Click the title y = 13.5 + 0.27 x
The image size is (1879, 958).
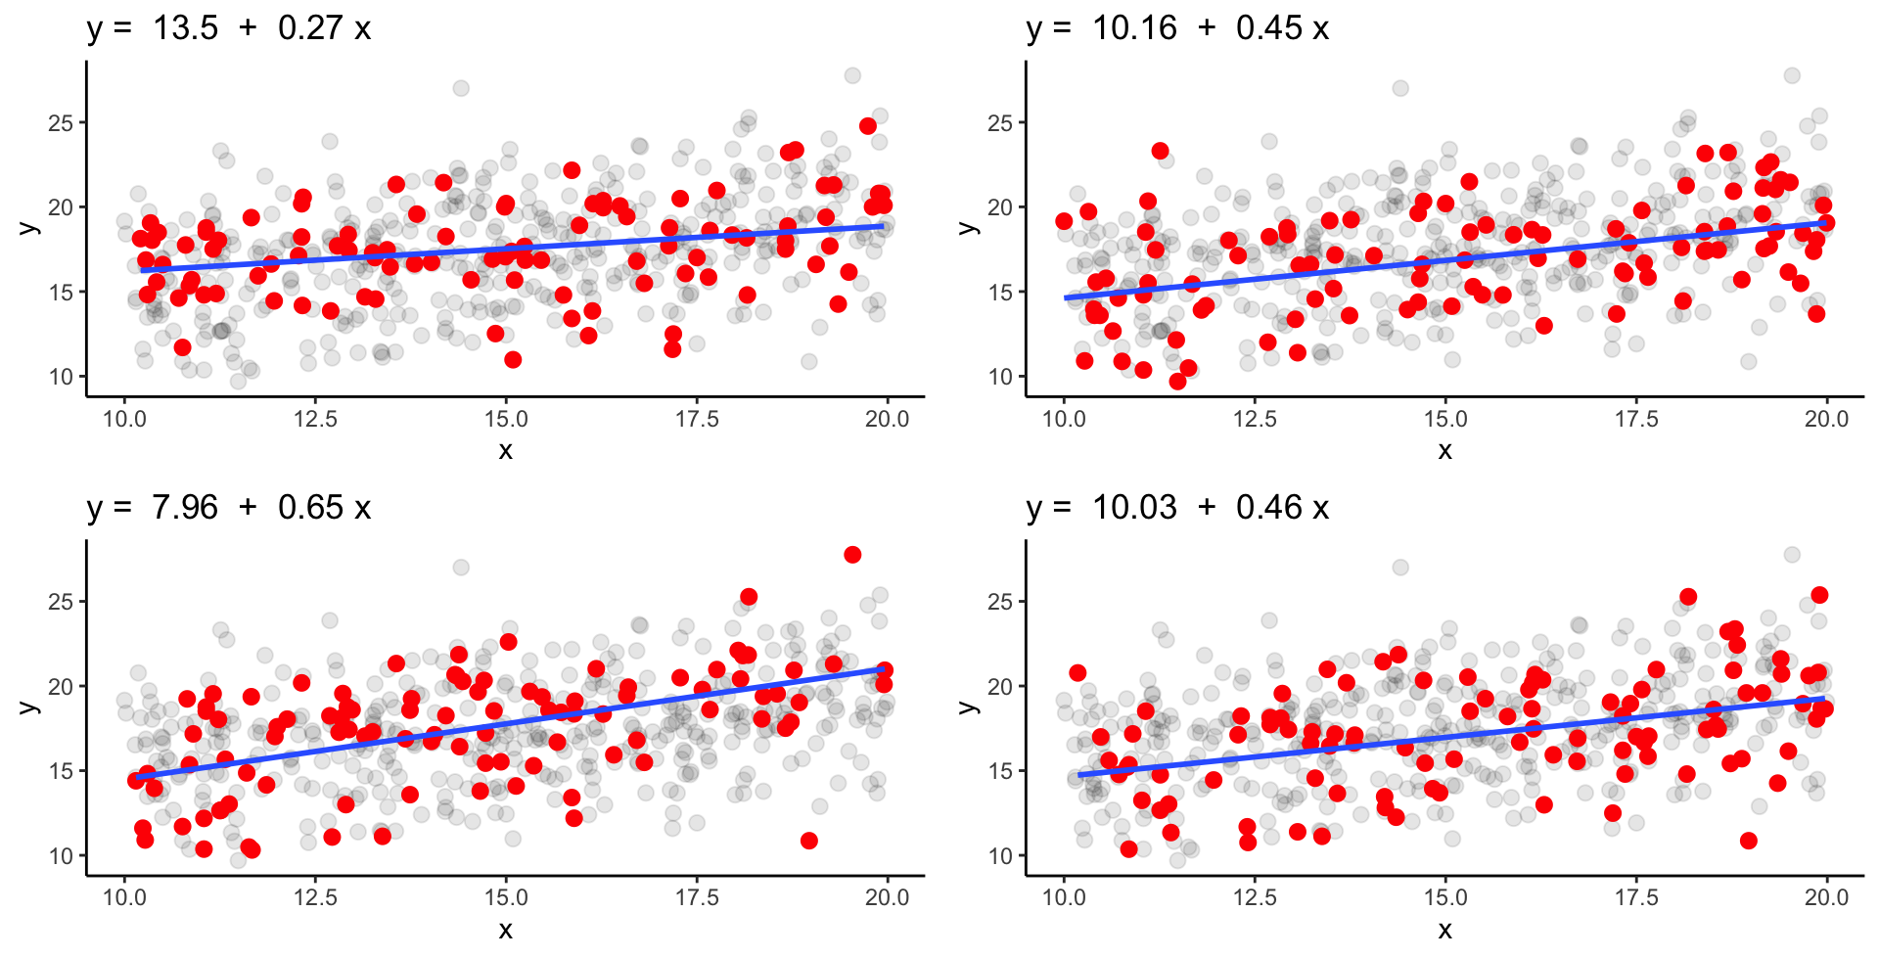point(229,28)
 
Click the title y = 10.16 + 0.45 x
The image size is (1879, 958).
point(1177,28)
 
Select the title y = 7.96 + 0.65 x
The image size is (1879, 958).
point(229,507)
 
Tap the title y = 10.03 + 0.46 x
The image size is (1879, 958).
point(1177,507)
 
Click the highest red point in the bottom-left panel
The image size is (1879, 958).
point(852,555)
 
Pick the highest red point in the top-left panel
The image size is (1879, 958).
point(868,125)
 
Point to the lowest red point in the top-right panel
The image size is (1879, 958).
point(1177,382)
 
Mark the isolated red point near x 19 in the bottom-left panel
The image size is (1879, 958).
point(809,841)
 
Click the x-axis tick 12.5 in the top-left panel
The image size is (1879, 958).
point(315,420)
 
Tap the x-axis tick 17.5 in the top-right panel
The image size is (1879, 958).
point(1636,420)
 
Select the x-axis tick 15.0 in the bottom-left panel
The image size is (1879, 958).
point(506,898)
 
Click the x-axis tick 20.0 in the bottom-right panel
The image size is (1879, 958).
point(1826,898)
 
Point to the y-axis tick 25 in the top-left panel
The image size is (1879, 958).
point(61,123)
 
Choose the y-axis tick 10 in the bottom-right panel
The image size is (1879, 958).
point(1000,856)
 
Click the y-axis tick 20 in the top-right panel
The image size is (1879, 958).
point(1000,207)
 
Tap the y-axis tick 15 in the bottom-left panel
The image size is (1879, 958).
point(61,771)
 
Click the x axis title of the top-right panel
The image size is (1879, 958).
point(1444,450)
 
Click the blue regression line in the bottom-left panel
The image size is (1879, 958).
point(506,724)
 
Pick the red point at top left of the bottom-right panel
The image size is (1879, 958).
point(1077,672)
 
